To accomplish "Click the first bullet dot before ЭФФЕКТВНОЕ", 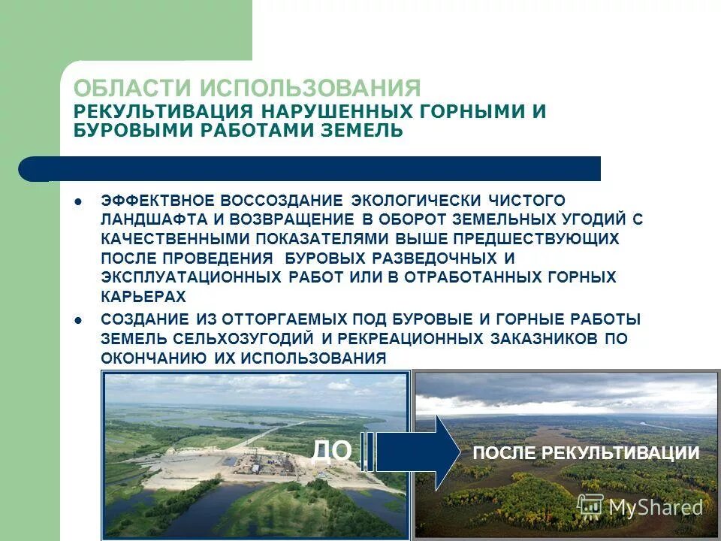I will (x=79, y=201).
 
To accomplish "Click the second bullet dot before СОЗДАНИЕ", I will (x=79, y=319).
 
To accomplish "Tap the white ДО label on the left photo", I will (x=331, y=451).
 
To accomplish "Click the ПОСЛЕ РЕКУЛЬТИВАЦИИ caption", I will (x=585, y=453).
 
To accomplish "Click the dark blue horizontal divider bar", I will (x=315, y=169).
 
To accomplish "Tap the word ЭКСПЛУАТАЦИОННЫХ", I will (x=192, y=277).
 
